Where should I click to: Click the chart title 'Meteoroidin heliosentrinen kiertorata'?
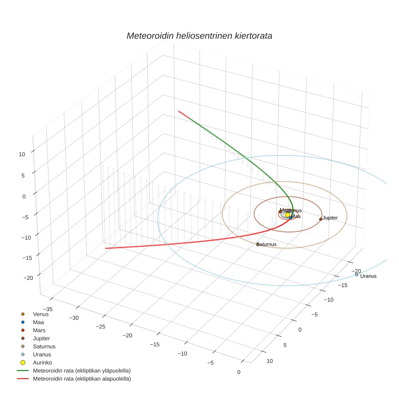199,36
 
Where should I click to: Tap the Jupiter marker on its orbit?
321,219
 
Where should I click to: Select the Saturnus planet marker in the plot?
258,244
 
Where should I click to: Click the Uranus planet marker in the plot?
356,275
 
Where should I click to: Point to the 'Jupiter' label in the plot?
330,218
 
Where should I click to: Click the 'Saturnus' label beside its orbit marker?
268,245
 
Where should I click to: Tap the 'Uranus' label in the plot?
368,276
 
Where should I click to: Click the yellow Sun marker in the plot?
287,215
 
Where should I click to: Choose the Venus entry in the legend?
41,314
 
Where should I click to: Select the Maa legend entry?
38,322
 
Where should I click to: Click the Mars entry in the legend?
39,330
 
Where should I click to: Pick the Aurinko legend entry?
42,363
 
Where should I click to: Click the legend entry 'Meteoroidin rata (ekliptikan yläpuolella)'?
82,371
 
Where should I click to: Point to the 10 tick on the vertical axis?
22,154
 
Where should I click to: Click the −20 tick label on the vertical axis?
28,278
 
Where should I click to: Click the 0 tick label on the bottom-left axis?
238,372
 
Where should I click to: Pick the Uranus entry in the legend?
42,354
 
